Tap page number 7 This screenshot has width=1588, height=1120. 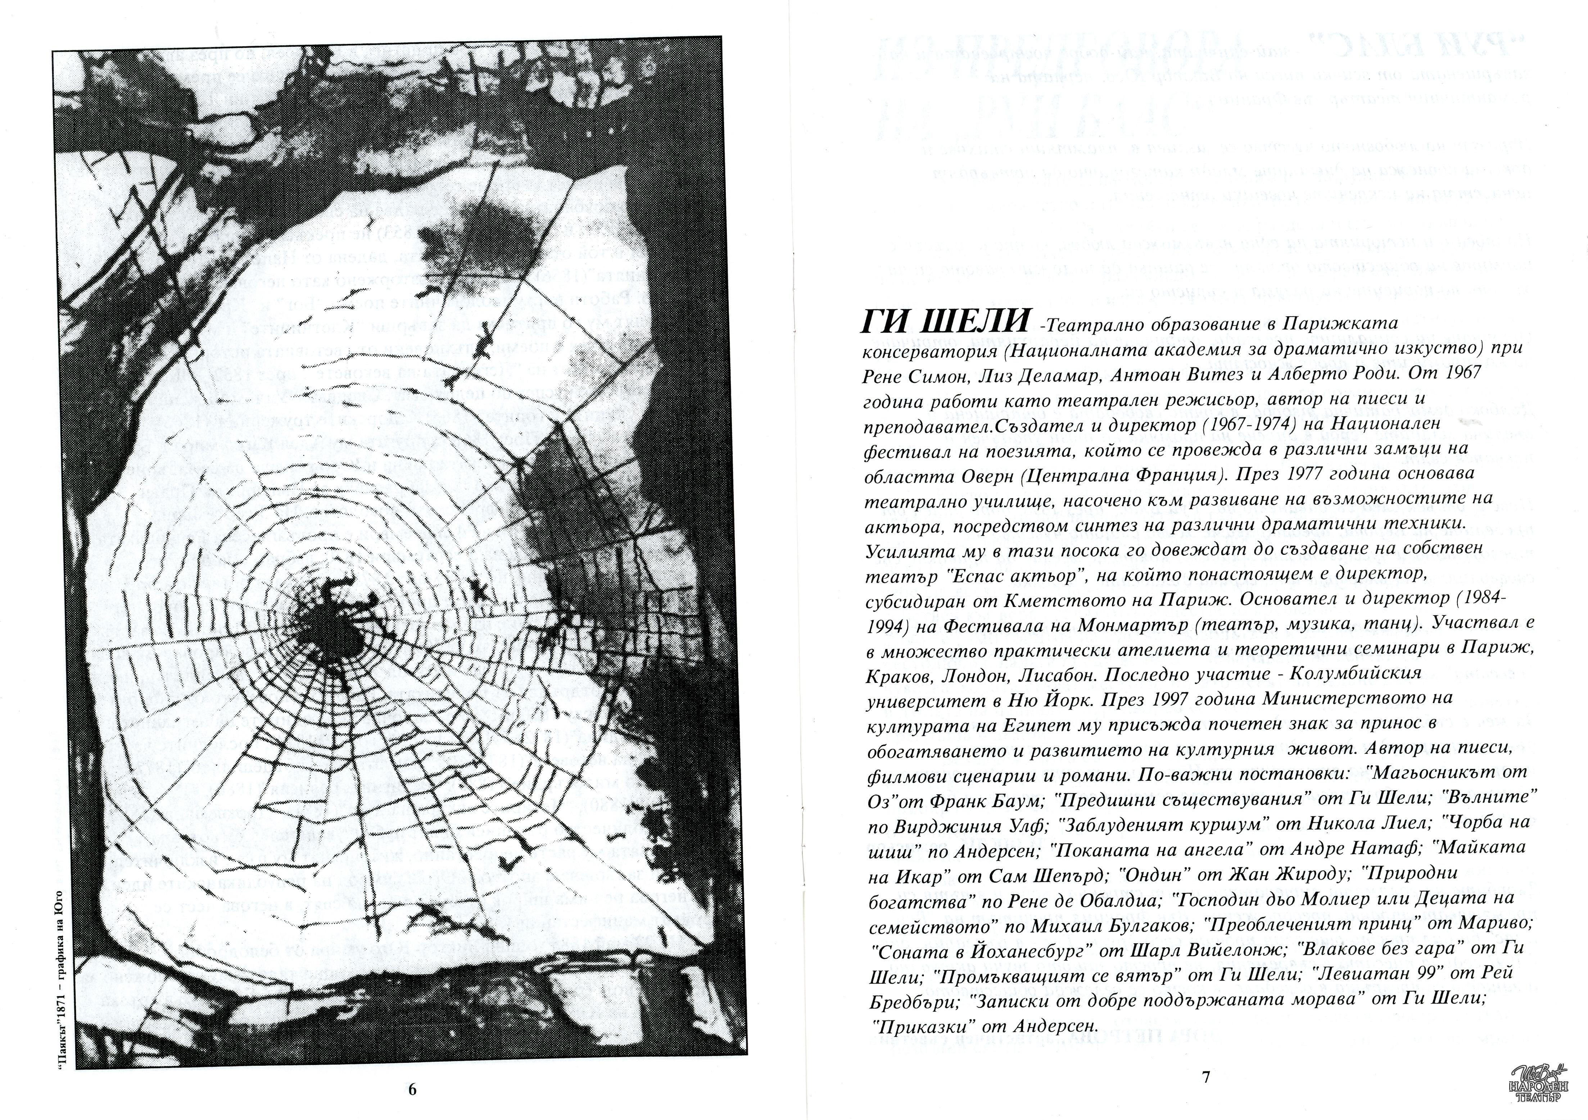[1205, 1077]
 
